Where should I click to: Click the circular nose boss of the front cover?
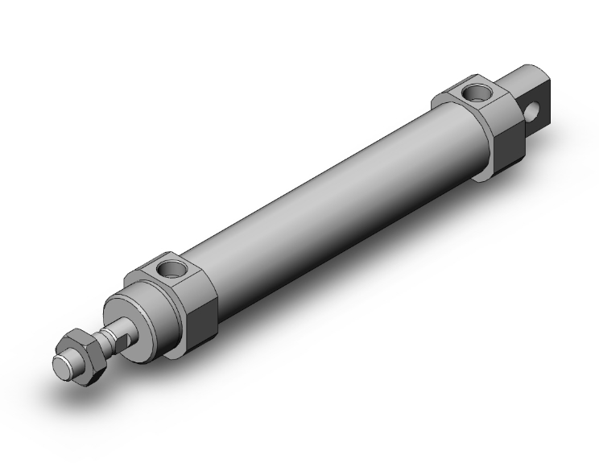pos(145,310)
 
